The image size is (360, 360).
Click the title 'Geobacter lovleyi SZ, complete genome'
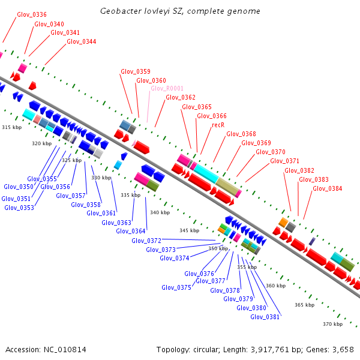tap(180, 11)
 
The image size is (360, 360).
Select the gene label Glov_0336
tap(32, 14)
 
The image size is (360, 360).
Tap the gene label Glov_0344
tap(82, 42)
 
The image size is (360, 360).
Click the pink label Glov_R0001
tap(167, 89)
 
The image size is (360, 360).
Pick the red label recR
tap(218, 125)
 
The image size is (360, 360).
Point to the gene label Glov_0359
tap(136, 72)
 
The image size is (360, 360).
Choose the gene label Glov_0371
tap(284, 161)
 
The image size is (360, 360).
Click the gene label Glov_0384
tap(328, 188)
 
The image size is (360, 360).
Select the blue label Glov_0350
tap(19, 187)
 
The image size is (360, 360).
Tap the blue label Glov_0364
tap(131, 232)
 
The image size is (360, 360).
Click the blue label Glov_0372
tap(146, 241)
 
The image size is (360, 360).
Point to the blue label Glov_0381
tap(265, 317)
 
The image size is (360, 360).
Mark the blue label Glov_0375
tap(176, 288)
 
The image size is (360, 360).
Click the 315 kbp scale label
tap(11, 128)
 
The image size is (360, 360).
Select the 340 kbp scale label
tap(160, 213)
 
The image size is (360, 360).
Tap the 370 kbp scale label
tap(332, 324)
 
